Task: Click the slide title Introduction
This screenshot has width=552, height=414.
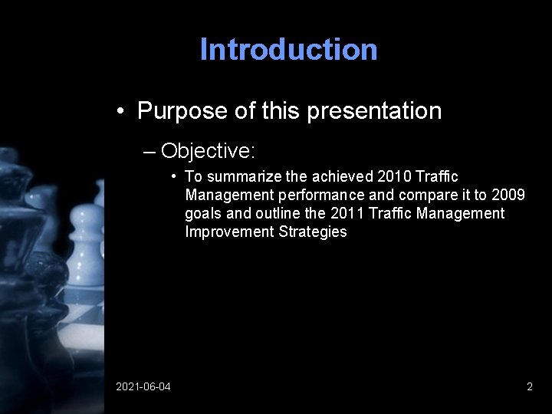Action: tap(288, 50)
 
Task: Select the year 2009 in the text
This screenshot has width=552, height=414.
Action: tap(508, 195)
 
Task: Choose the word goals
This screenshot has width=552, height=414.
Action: tap(202, 213)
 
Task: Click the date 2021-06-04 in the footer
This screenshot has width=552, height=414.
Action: tap(143, 387)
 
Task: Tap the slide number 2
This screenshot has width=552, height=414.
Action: tap(530, 387)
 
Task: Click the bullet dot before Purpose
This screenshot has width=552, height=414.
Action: tap(121, 112)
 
